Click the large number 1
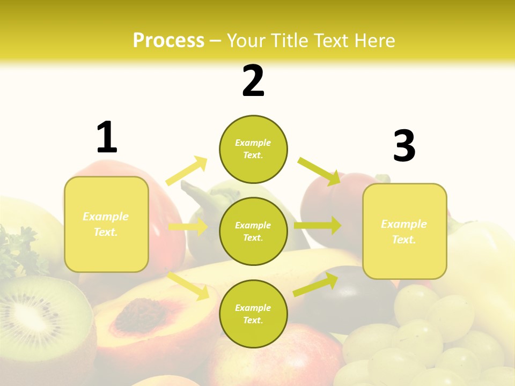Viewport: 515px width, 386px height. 107,138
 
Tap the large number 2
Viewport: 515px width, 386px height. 253,81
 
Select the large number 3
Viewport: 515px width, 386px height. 404,146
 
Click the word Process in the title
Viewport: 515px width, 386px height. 168,40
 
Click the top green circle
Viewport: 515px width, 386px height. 253,149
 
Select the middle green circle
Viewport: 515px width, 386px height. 253,231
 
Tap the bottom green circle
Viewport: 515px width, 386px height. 253,314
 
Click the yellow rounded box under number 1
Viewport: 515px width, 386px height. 106,224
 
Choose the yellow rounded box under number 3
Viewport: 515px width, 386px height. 404,232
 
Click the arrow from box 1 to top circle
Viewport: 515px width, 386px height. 187,171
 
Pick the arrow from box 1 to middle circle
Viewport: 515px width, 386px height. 188,227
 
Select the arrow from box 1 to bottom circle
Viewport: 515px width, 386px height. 189,286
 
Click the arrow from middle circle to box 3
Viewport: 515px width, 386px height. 318,226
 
